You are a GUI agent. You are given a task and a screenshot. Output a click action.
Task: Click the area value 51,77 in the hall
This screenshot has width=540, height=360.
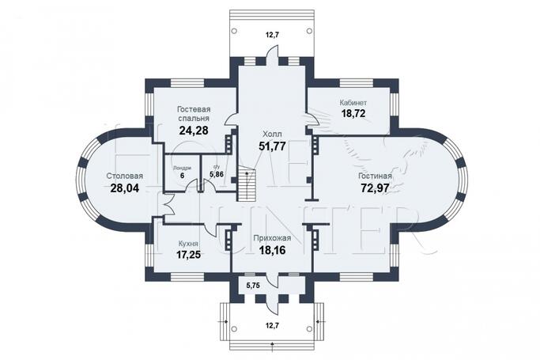(x=271, y=146)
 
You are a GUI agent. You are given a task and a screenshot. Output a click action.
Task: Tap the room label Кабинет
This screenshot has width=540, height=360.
(x=353, y=103)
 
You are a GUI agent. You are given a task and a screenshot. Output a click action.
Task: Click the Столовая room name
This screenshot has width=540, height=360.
(x=125, y=176)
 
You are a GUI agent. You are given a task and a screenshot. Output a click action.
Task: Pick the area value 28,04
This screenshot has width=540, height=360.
(x=125, y=188)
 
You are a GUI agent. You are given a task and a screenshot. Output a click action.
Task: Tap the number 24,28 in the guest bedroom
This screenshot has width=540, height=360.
(x=193, y=130)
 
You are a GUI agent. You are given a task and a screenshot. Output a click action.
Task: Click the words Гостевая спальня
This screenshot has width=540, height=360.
(x=193, y=112)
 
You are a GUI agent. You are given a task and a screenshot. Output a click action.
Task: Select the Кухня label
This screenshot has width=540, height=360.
(x=187, y=244)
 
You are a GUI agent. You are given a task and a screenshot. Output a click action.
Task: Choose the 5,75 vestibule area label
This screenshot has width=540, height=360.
(x=253, y=284)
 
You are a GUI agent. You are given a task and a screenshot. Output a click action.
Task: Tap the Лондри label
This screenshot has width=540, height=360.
(x=183, y=167)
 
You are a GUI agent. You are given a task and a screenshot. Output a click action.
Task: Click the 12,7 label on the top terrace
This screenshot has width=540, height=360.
(x=271, y=34)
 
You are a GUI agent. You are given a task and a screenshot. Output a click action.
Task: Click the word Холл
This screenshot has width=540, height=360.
(x=271, y=134)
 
